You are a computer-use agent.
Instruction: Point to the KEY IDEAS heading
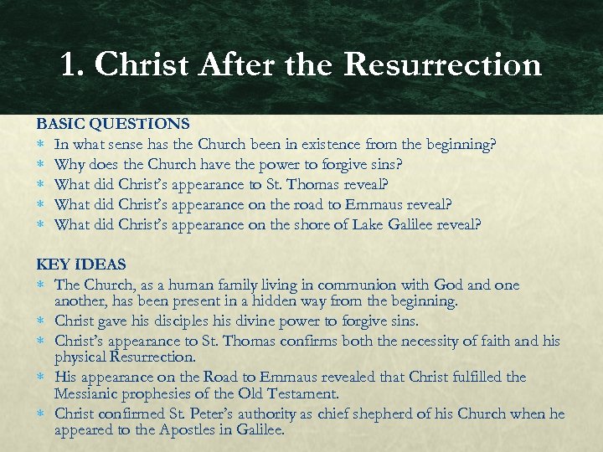(x=80, y=265)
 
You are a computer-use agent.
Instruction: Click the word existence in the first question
(x=305, y=144)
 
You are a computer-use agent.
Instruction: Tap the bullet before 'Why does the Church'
(x=42, y=164)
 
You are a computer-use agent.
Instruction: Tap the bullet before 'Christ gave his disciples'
(x=42, y=321)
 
